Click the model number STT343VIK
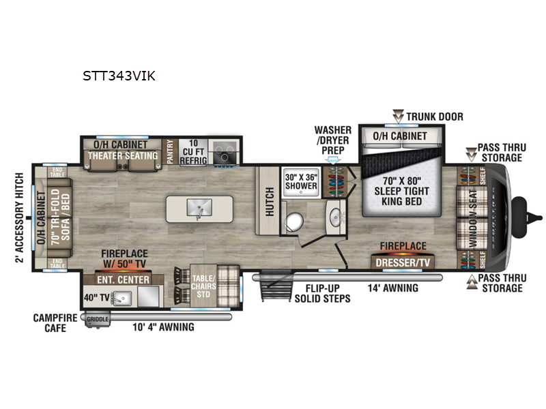(117, 76)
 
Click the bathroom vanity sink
(335, 217)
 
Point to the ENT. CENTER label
(124, 279)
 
